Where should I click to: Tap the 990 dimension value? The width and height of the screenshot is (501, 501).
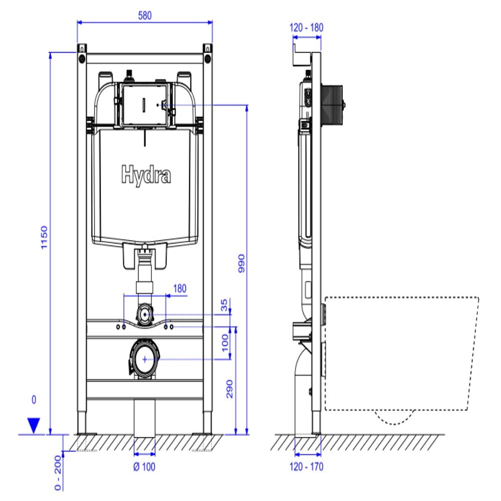point(240,262)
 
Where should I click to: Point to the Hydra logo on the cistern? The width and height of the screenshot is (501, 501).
point(145,175)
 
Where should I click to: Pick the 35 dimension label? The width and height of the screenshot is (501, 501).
point(224,306)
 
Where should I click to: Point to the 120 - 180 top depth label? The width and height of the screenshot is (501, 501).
point(307,28)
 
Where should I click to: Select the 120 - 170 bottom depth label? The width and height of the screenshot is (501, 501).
point(307,467)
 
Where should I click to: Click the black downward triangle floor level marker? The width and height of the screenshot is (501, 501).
point(34,425)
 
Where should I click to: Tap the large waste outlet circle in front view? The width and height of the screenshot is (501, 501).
point(145,359)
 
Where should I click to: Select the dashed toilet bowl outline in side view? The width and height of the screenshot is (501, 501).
point(401,351)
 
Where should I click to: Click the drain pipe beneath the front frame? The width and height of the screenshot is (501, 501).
point(145,418)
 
